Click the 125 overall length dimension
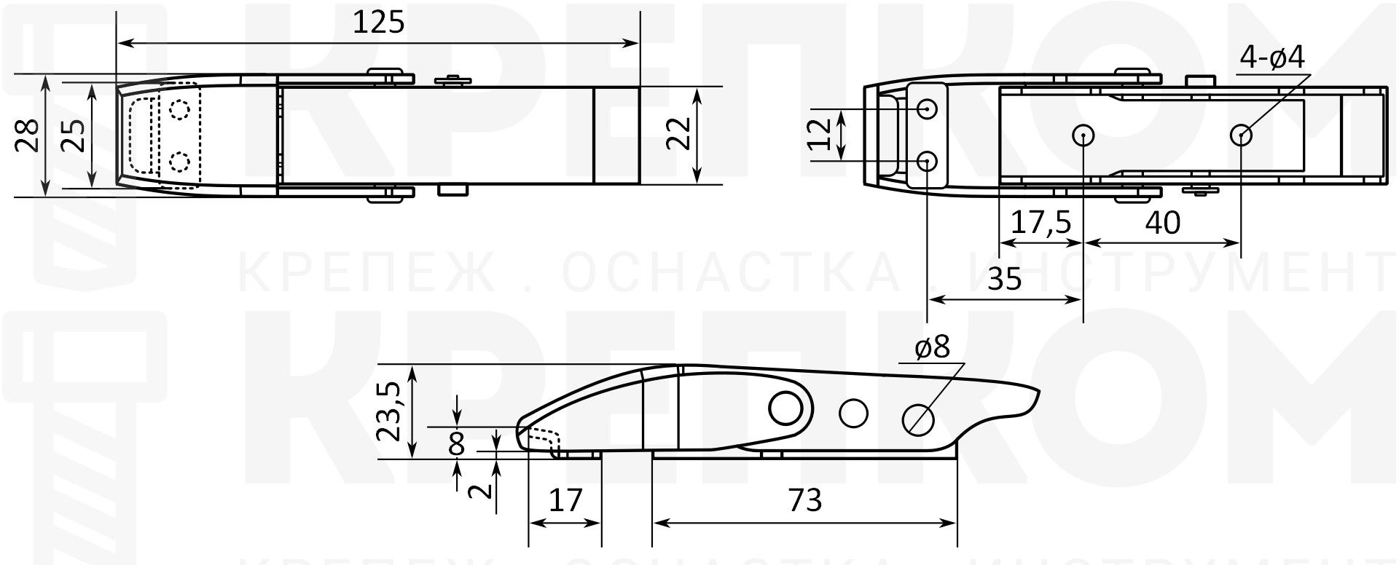coord(378,23)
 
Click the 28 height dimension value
coord(28,135)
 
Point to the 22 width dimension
coord(678,133)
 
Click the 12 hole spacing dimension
coord(821,134)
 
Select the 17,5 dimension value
coord(1041,223)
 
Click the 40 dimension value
coord(1162,223)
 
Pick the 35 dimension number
coord(1005,278)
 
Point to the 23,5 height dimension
coord(390,412)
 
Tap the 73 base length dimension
coord(804,501)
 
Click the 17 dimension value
coord(565,501)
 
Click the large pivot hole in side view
coord(785,408)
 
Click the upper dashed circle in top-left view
coord(179,109)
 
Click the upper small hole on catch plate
coord(927,109)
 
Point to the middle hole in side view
coord(853,414)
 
